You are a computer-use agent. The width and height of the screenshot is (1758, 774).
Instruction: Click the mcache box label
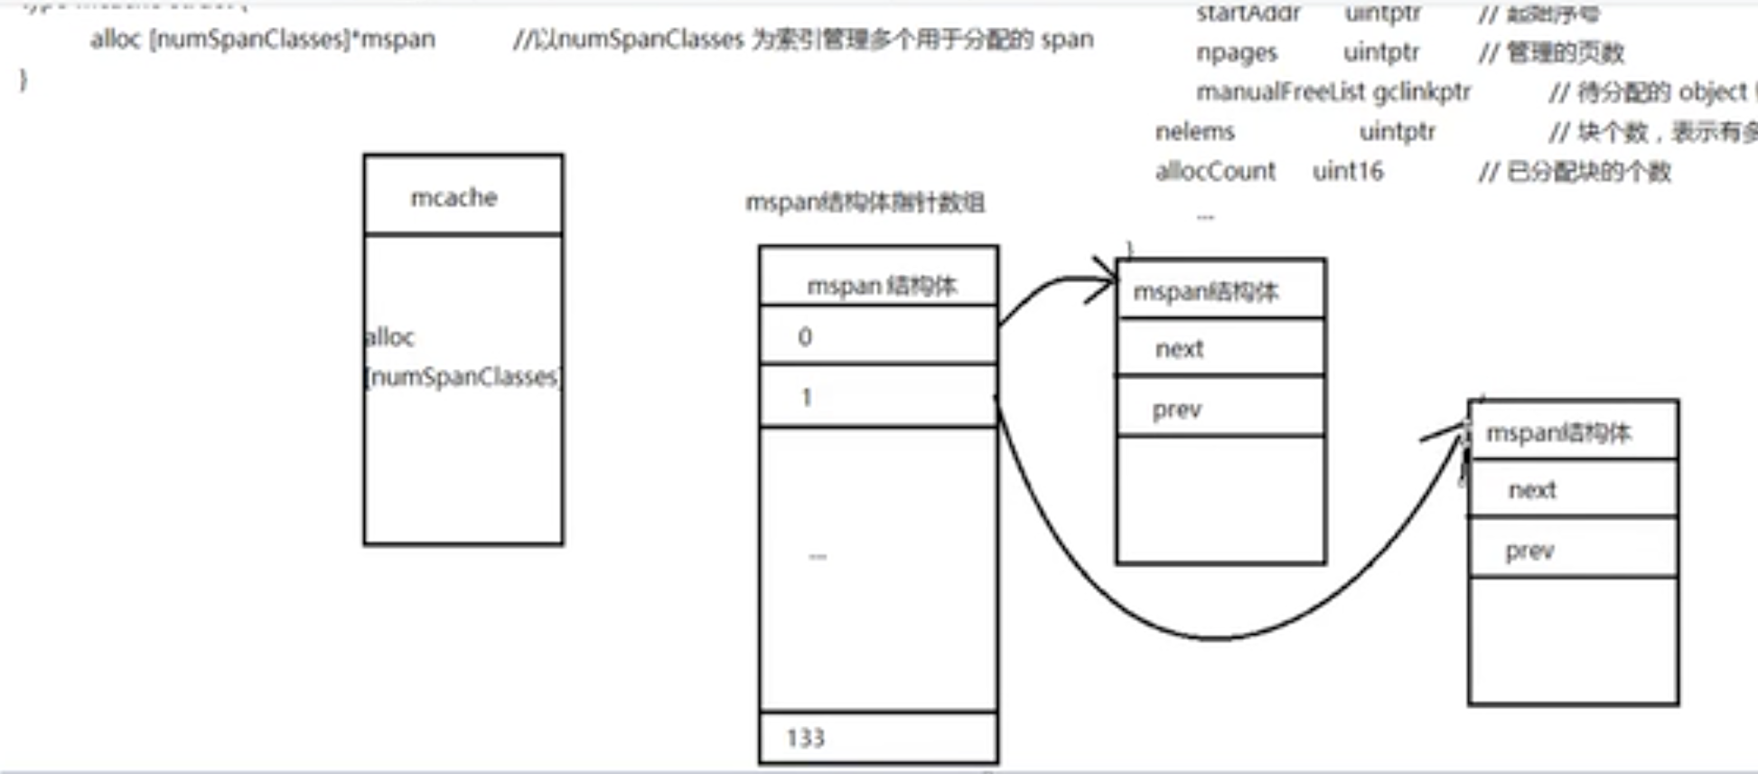[x=454, y=197]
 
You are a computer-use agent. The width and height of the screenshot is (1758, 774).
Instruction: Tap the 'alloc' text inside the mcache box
[x=389, y=337]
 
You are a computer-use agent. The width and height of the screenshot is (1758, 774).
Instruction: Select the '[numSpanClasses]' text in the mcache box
[x=463, y=376]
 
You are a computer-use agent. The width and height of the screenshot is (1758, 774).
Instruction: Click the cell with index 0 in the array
[x=878, y=336]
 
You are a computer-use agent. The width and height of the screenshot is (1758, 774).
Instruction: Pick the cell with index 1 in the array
[x=878, y=396]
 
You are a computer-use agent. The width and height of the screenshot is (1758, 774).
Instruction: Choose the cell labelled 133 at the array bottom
[x=878, y=738]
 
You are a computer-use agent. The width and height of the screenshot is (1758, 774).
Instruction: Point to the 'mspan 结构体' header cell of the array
[x=881, y=286]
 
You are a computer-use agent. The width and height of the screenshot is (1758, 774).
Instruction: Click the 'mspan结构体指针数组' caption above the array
[x=865, y=203]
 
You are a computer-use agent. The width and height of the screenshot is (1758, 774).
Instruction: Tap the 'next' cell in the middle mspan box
[x=1220, y=348]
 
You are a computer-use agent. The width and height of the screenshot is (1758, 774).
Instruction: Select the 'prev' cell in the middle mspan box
[x=1220, y=410]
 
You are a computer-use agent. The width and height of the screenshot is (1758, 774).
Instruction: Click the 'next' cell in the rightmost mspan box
[x=1572, y=490]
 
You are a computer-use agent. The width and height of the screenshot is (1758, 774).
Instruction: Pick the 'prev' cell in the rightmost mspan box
[x=1572, y=551]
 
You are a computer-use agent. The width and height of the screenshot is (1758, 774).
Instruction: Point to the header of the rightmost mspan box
[x=1572, y=433]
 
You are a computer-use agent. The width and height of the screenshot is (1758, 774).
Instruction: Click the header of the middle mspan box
[x=1220, y=291]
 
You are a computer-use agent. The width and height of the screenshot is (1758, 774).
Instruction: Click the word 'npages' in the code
[x=1236, y=52]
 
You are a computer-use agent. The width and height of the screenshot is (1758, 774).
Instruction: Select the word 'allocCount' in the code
[x=1215, y=171]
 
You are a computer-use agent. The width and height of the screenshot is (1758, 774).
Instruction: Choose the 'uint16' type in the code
[x=1347, y=171]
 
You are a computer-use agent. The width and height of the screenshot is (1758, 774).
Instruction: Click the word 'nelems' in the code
[x=1194, y=131]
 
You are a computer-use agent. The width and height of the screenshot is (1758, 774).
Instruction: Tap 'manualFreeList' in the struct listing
[x=1280, y=91]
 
